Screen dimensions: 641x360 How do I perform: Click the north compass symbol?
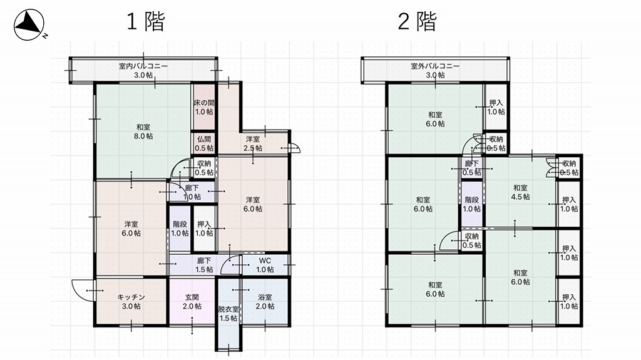pos(29,25)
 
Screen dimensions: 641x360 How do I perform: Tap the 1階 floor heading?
pos(145,22)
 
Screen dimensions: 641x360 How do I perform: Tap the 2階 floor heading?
pos(417,22)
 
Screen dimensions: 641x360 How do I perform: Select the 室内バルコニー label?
pos(143,66)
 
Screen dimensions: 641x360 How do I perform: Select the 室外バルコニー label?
pos(435,66)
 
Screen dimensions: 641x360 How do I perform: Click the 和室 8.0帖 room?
pos(143,131)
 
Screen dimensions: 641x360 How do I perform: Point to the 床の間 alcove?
pos(203,107)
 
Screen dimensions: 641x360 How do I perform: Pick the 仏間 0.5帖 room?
pos(203,143)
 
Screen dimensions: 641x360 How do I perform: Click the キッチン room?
pos(131,302)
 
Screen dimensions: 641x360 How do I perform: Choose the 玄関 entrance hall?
pos(192,302)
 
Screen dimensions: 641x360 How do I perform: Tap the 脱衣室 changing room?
pos(228,314)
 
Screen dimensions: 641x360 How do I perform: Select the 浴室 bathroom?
pos(265,302)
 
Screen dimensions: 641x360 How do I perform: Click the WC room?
pos(265,265)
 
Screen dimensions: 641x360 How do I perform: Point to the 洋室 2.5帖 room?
pos(253,143)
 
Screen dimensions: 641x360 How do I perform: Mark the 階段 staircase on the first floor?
pos(180,229)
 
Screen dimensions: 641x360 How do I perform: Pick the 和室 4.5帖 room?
pos(520,192)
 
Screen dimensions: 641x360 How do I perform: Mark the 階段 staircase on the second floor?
pos(471,204)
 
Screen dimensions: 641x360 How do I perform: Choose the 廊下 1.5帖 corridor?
pos(203,265)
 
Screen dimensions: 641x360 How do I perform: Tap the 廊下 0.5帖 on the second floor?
pos(471,168)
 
